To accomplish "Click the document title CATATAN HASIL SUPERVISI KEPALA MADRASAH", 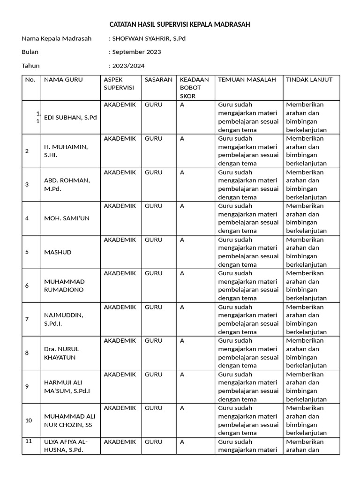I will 180,24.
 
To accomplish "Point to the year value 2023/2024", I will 128,66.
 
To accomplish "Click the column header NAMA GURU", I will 63,80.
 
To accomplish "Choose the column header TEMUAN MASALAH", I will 247,80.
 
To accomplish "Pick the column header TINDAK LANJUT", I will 309,80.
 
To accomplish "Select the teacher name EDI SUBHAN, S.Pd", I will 70,117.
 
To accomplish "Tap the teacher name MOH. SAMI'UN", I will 67,218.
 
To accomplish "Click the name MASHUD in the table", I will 58,252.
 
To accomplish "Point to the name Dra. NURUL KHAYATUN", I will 61,353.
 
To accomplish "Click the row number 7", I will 27,319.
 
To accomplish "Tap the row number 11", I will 29,441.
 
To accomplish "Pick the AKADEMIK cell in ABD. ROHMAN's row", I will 120,172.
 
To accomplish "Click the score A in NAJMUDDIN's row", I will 182,307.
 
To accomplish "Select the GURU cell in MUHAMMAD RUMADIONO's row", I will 153,273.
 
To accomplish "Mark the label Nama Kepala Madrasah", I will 57,38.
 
